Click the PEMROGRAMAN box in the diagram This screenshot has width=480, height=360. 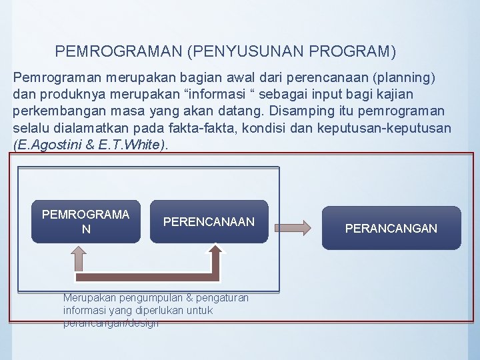pyautogui.click(x=85, y=221)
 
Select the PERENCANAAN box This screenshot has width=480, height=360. pyautogui.click(x=209, y=221)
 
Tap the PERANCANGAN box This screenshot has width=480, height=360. pyautogui.click(x=391, y=228)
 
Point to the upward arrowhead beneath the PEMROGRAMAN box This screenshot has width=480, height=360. pyautogui.click(x=79, y=254)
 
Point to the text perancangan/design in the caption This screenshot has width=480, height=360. pyautogui.click(x=111, y=323)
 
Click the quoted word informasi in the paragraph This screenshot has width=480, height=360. pyautogui.click(x=257, y=94)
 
